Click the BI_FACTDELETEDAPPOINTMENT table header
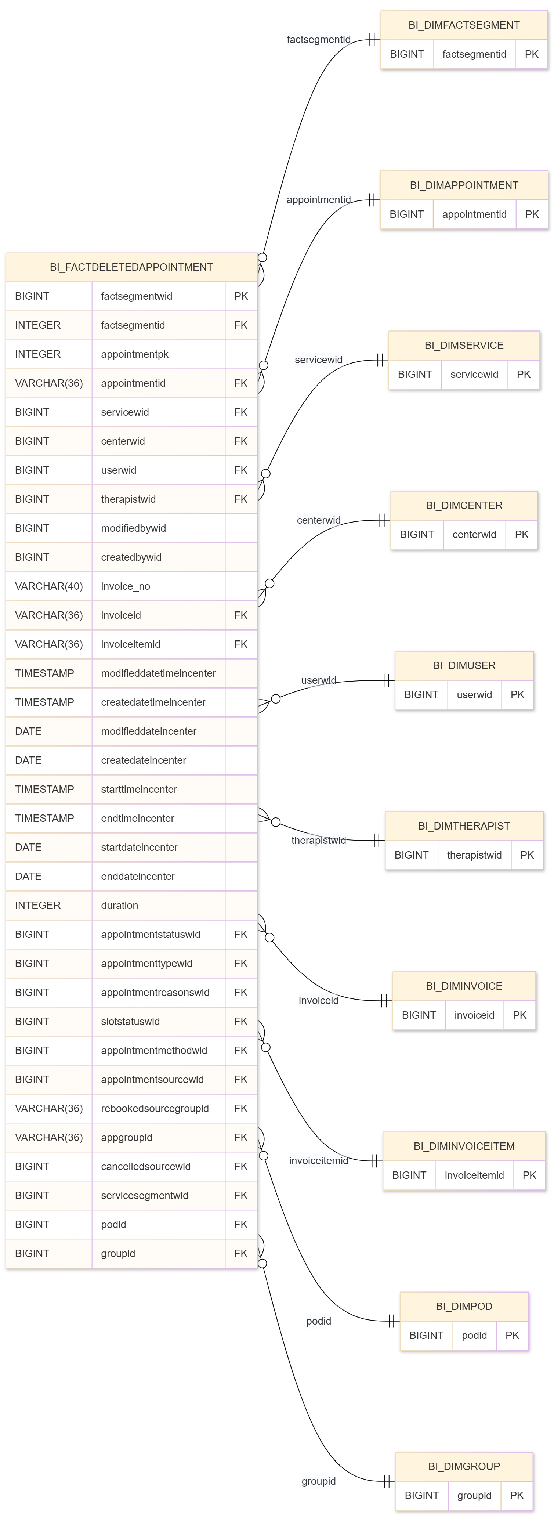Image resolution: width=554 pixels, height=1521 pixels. pyautogui.click(x=131, y=267)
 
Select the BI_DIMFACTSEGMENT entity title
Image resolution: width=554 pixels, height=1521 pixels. pyautogui.click(x=464, y=25)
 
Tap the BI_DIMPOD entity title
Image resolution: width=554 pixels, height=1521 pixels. pyautogui.click(x=464, y=1306)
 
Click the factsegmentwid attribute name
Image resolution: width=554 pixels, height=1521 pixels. pyautogui.click(x=137, y=296)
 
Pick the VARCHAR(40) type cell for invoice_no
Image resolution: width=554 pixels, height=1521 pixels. pyautogui.click(x=48, y=586)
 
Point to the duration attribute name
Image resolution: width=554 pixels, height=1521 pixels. pyautogui.click(x=119, y=905)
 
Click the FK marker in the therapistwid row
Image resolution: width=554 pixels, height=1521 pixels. pyautogui.click(x=240, y=499)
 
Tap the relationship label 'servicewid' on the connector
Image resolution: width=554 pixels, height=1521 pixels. pyautogui.click(x=318, y=360)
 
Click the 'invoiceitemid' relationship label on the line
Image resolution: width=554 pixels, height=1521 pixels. pyautogui.click(x=318, y=1160)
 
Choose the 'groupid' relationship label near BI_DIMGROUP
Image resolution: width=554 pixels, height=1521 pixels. pyautogui.click(x=318, y=1481)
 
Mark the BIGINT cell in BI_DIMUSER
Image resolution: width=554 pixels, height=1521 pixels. pyautogui.click(x=421, y=694)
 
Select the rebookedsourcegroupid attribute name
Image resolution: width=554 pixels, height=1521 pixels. pyautogui.click(x=155, y=1108)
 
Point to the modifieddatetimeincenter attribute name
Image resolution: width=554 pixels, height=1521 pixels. pyautogui.click(x=158, y=673)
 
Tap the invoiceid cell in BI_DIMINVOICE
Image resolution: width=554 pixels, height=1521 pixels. pyautogui.click(x=474, y=1015)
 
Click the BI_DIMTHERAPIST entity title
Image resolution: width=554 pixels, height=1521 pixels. pyautogui.click(x=464, y=825)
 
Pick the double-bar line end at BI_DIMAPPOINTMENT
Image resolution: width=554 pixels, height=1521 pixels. pyautogui.click(x=373, y=199)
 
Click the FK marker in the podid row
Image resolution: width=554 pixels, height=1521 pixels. pyautogui.click(x=240, y=1224)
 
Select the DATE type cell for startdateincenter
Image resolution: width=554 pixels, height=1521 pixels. pyautogui.click(x=28, y=847)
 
